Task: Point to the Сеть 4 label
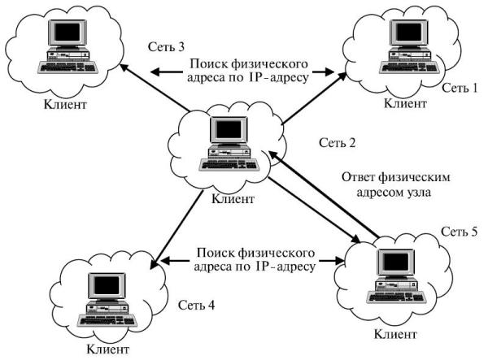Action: (196, 306)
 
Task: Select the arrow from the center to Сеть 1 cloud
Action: (313, 98)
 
